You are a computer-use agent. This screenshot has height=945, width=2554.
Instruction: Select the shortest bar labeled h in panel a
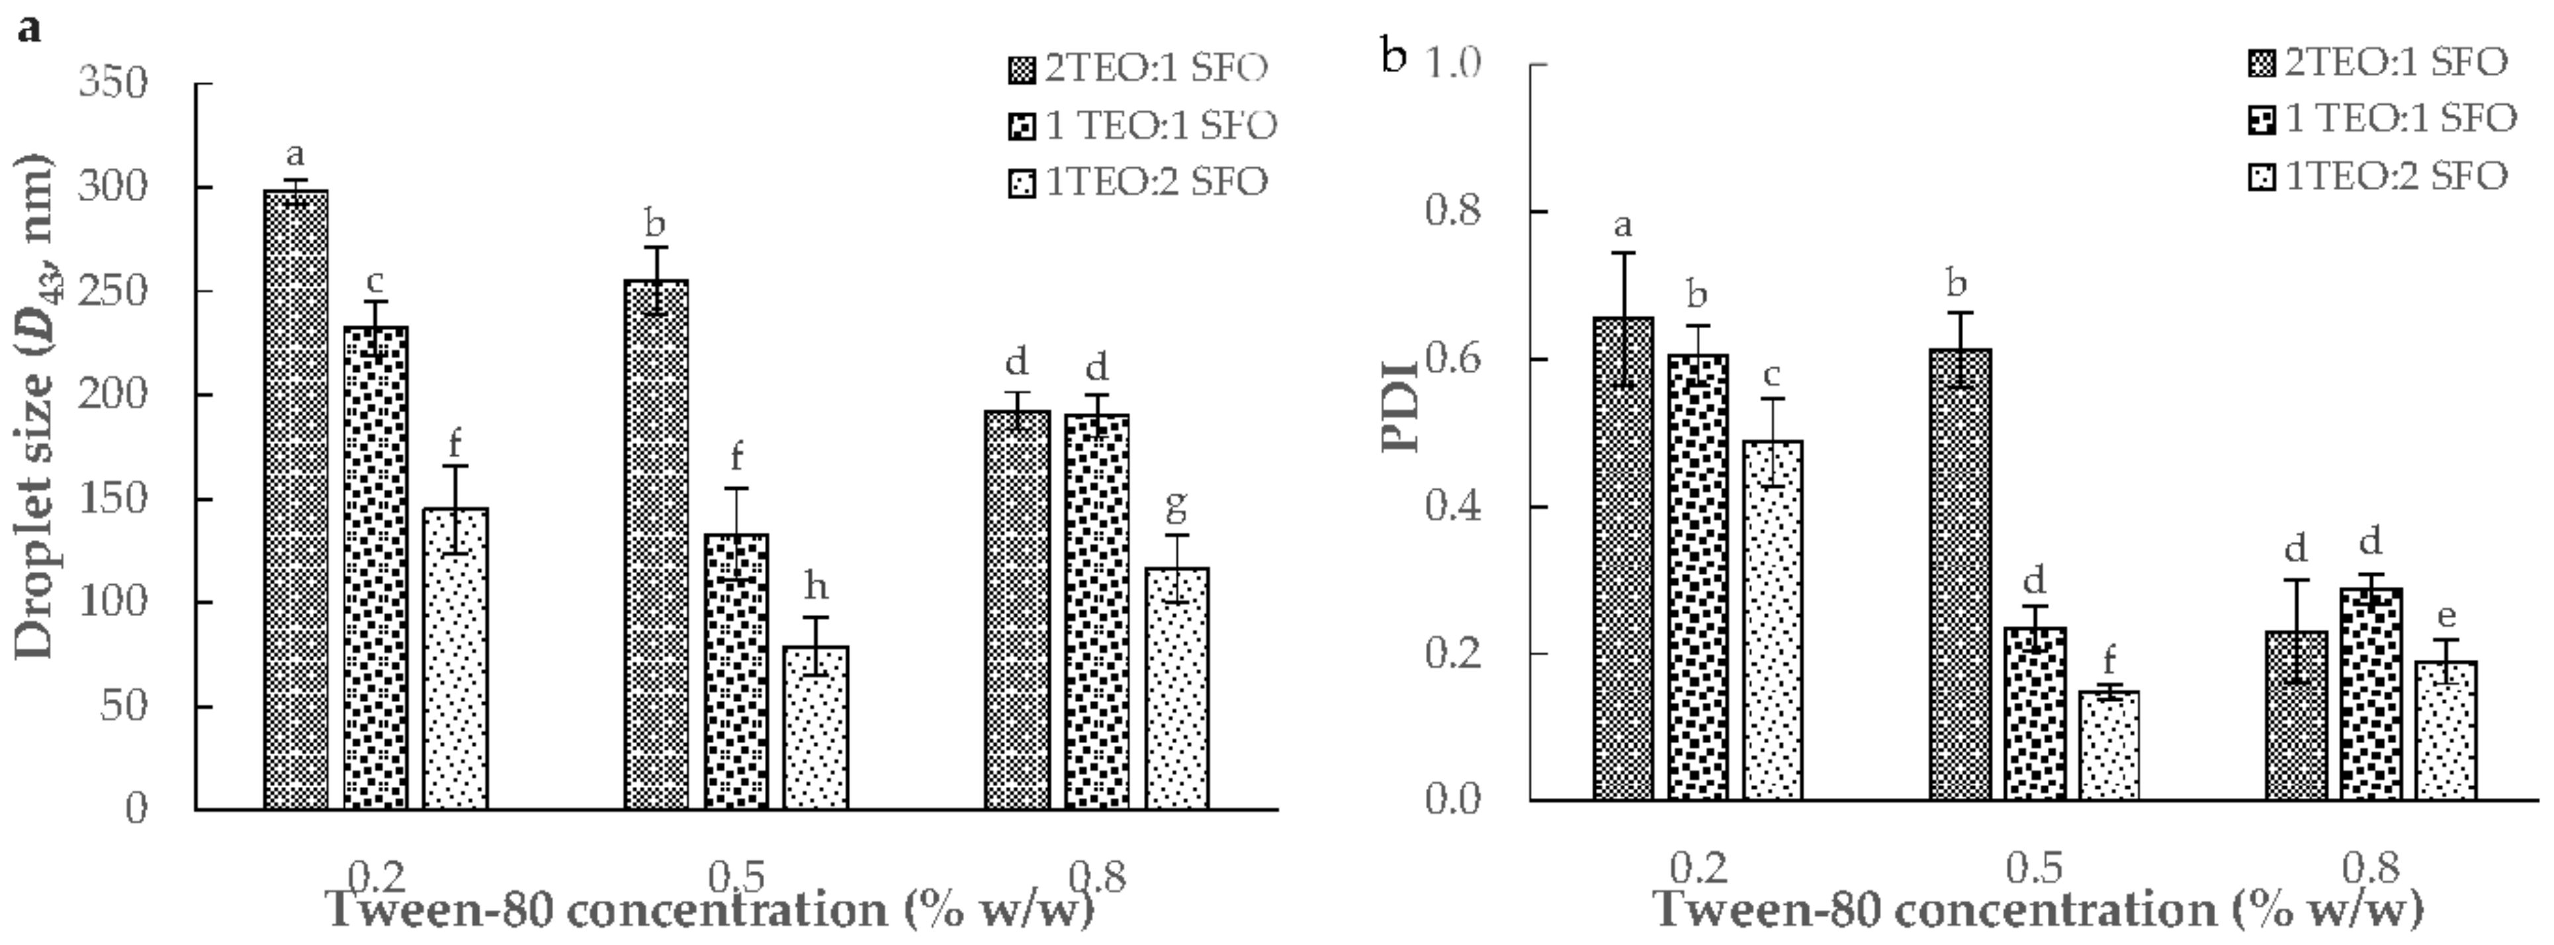pyautogui.click(x=815, y=728)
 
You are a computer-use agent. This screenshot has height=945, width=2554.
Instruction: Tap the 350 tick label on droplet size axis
pyautogui.click(x=112, y=83)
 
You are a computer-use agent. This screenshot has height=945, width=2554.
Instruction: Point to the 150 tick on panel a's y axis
pyautogui.click(x=112, y=499)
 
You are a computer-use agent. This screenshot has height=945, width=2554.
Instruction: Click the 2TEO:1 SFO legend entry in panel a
pyautogui.click(x=1136, y=68)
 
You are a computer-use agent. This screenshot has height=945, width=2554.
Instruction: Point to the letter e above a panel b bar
pyautogui.click(x=2446, y=617)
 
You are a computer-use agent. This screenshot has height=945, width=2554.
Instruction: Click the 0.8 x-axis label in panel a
pyautogui.click(x=1098, y=877)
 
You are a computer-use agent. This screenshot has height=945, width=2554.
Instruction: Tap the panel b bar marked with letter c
pyautogui.click(x=1773, y=620)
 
